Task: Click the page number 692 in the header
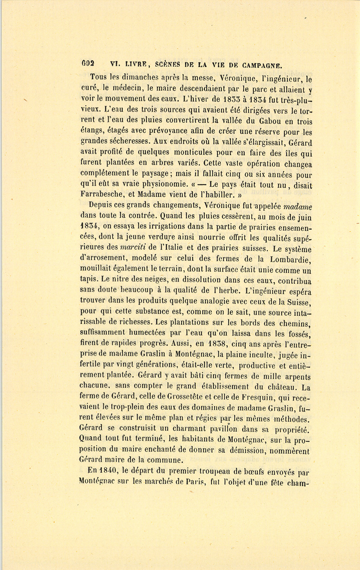point(88,64)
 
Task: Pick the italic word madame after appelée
point(298,207)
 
